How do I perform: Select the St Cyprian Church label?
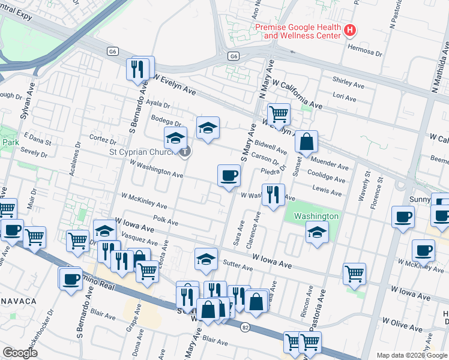pos(143,152)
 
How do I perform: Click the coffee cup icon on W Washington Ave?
pos(229,176)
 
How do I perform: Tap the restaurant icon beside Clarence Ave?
pos(273,195)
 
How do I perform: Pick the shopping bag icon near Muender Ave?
pos(306,142)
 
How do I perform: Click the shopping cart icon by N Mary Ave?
pos(278,114)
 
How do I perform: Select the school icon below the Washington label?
pos(317,233)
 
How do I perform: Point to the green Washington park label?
pos(316,216)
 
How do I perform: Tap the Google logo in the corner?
pos(19,353)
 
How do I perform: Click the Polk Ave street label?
pos(166,221)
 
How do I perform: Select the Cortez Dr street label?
pos(103,139)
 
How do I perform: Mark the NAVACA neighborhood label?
pos(19,300)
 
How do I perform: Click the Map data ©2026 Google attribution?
pos(411,355)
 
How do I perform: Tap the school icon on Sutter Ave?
pos(206,259)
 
